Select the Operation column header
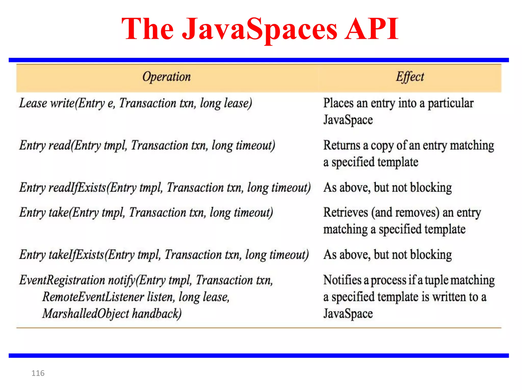click(166, 77)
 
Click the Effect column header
click(410, 77)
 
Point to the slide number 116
click(38, 373)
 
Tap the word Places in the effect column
click(338, 103)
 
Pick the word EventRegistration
click(62, 280)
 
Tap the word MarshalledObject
click(86, 314)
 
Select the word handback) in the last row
click(157, 314)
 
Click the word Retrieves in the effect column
click(346, 213)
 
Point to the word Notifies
click(343, 280)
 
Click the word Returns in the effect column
click(342, 145)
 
